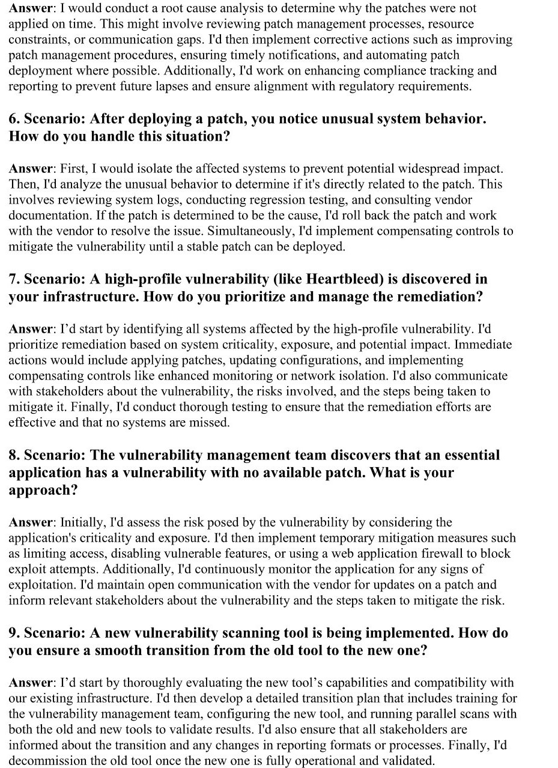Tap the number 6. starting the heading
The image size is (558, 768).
click(14, 118)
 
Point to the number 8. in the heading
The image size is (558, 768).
click(14, 455)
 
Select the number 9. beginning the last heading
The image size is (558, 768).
click(14, 633)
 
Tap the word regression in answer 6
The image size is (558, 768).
click(266, 200)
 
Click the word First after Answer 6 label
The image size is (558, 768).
click(73, 169)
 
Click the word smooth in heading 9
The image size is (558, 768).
click(105, 650)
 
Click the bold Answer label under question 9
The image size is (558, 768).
click(31, 683)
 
